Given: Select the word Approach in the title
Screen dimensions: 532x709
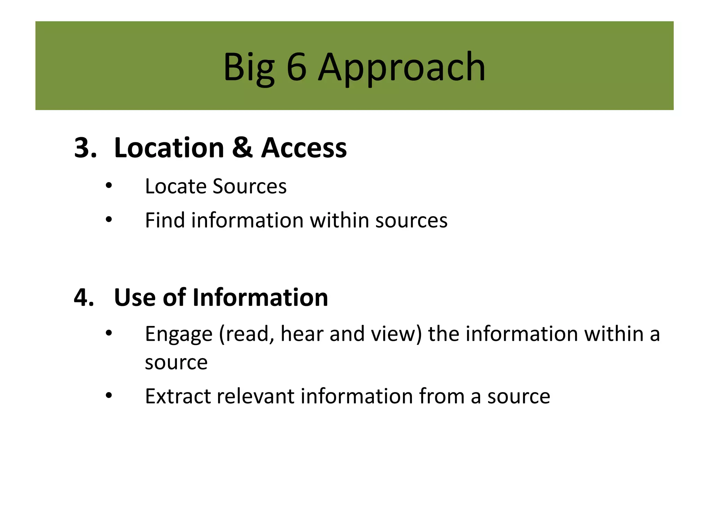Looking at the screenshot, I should [x=402, y=68].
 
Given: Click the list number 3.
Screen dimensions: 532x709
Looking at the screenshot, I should [x=85, y=148].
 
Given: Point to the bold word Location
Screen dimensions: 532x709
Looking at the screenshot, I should [x=169, y=148].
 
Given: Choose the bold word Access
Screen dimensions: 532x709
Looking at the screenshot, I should [x=304, y=148].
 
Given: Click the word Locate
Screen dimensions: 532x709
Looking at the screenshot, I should [x=176, y=186].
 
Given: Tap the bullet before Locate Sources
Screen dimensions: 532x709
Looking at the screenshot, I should [x=109, y=186].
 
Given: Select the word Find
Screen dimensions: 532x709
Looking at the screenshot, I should [x=165, y=220].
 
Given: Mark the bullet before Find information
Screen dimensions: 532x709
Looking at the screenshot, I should [x=109, y=220].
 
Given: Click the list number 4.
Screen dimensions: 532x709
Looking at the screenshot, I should [x=84, y=298].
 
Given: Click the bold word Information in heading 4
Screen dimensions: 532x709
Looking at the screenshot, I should [x=260, y=298].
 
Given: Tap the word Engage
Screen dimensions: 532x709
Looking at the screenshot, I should [x=179, y=335].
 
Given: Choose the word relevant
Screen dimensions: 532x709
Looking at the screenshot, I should [x=255, y=396].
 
